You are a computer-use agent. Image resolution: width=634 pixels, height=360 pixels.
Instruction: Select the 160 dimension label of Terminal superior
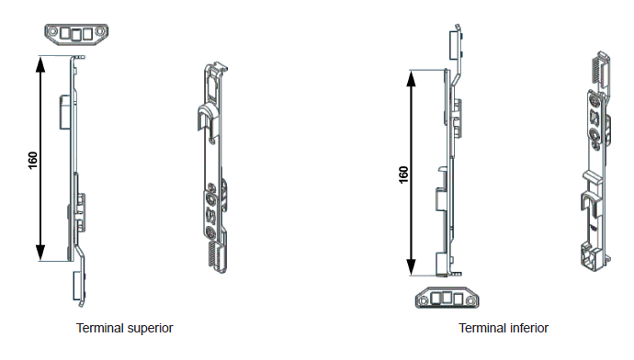(x=33, y=160)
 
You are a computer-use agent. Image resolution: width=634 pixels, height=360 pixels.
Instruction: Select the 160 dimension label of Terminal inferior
(x=403, y=174)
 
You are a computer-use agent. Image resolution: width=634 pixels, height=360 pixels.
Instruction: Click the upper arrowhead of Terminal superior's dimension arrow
(x=40, y=64)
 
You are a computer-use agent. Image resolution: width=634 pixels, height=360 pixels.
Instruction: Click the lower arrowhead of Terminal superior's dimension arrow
(x=40, y=253)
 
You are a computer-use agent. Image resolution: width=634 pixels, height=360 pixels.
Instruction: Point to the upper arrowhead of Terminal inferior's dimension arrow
(x=411, y=79)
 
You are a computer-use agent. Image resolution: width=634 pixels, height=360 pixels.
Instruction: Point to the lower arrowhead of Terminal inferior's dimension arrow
(x=411, y=266)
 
